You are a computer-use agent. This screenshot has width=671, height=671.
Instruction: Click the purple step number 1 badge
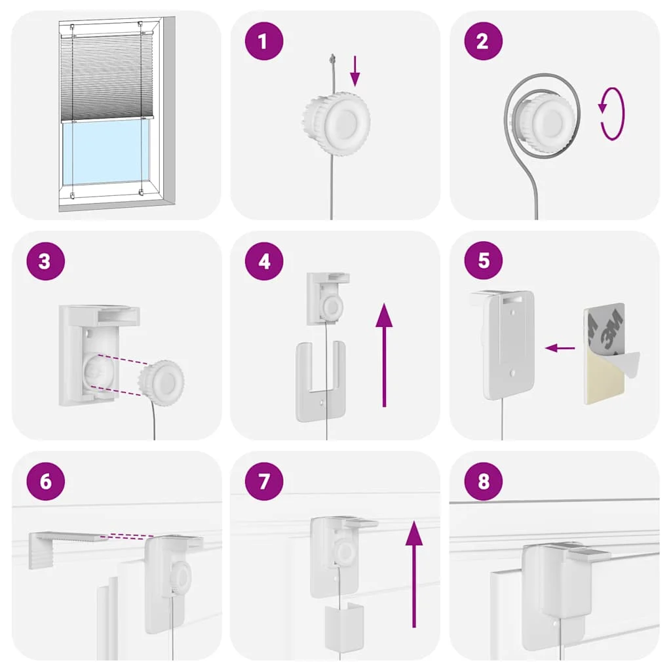263,41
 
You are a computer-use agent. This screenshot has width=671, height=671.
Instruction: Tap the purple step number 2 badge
483,41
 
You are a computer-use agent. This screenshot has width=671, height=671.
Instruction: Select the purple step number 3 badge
45,261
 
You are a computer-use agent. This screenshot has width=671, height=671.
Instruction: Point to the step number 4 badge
263,261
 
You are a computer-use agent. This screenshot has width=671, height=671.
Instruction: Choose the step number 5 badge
483,260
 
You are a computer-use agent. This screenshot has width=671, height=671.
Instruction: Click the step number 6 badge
45,481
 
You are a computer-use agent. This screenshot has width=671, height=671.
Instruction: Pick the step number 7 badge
263,481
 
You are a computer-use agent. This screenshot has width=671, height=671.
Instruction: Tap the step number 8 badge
483,481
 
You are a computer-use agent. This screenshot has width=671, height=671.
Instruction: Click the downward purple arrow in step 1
355,71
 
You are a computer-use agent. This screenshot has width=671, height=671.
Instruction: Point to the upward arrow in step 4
384,355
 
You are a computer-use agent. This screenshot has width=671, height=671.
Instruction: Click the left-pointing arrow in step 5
560,348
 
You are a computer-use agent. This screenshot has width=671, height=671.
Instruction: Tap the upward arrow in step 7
414,574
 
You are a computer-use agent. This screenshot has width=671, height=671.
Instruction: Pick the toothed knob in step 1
337,123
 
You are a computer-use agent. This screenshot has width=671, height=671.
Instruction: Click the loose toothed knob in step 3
161,383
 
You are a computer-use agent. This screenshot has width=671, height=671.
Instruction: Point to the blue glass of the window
106,152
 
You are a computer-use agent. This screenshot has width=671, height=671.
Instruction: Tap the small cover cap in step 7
344,626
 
